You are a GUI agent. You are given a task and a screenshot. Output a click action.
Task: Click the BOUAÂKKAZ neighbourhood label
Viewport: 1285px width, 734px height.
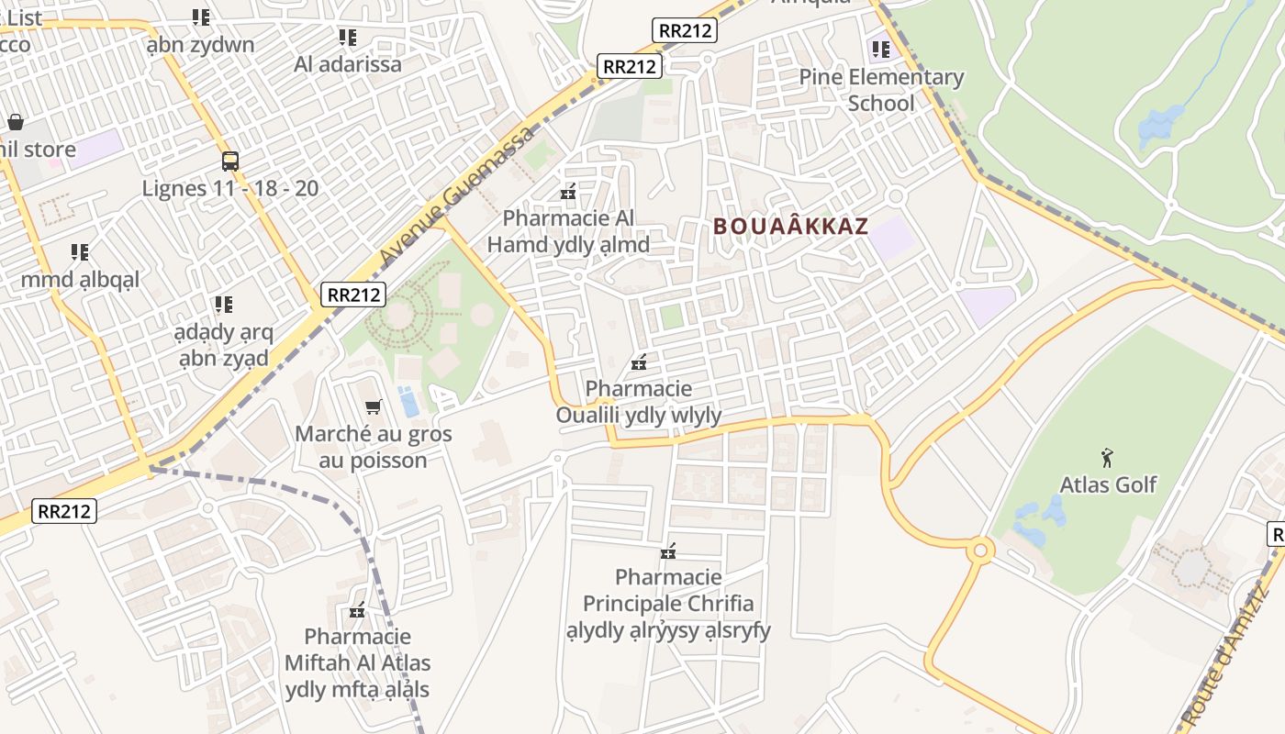click(x=790, y=226)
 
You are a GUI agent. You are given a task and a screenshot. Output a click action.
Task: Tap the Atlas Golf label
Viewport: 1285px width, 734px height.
click(x=1108, y=484)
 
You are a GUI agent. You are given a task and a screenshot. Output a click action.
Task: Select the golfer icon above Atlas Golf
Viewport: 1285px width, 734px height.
click(x=1108, y=456)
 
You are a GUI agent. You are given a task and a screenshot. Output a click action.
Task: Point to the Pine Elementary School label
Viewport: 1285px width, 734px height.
click(x=881, y=90)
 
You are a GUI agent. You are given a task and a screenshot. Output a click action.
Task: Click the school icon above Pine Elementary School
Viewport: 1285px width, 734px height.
click(x=881, y=49)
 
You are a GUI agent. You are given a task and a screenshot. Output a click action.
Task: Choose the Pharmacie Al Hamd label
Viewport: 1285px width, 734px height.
click(x=568, y=231)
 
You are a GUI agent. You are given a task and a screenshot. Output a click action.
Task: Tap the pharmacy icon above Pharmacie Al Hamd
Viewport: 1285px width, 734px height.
click(x=568, y=192)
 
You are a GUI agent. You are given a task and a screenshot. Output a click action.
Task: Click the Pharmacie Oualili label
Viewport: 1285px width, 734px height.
click(x=639, y=402)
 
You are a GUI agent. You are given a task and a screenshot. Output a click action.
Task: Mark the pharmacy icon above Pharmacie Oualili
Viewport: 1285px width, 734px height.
click(x=639, y=362)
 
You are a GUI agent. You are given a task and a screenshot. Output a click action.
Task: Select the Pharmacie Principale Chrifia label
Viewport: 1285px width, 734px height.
click(x=668, y=604)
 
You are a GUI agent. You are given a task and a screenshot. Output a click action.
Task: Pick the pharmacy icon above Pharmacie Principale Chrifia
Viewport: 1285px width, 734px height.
click(x=668, y=551)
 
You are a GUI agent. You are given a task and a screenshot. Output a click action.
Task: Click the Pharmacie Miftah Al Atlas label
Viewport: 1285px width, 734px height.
click(x=357, y=662)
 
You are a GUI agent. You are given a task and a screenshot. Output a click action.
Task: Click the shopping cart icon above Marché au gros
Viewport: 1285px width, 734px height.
click(x=373, y=406)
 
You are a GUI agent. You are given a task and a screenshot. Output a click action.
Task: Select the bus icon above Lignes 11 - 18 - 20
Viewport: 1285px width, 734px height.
click(x=230, y=161)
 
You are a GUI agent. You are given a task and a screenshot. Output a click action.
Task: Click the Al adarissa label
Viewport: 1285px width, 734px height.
click(x=348, y=64)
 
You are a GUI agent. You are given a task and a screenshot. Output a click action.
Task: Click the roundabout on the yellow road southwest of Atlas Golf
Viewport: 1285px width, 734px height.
click(x=980, y=550)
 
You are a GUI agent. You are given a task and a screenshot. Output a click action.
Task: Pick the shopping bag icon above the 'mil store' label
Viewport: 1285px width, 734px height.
click(x=16, y=122)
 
